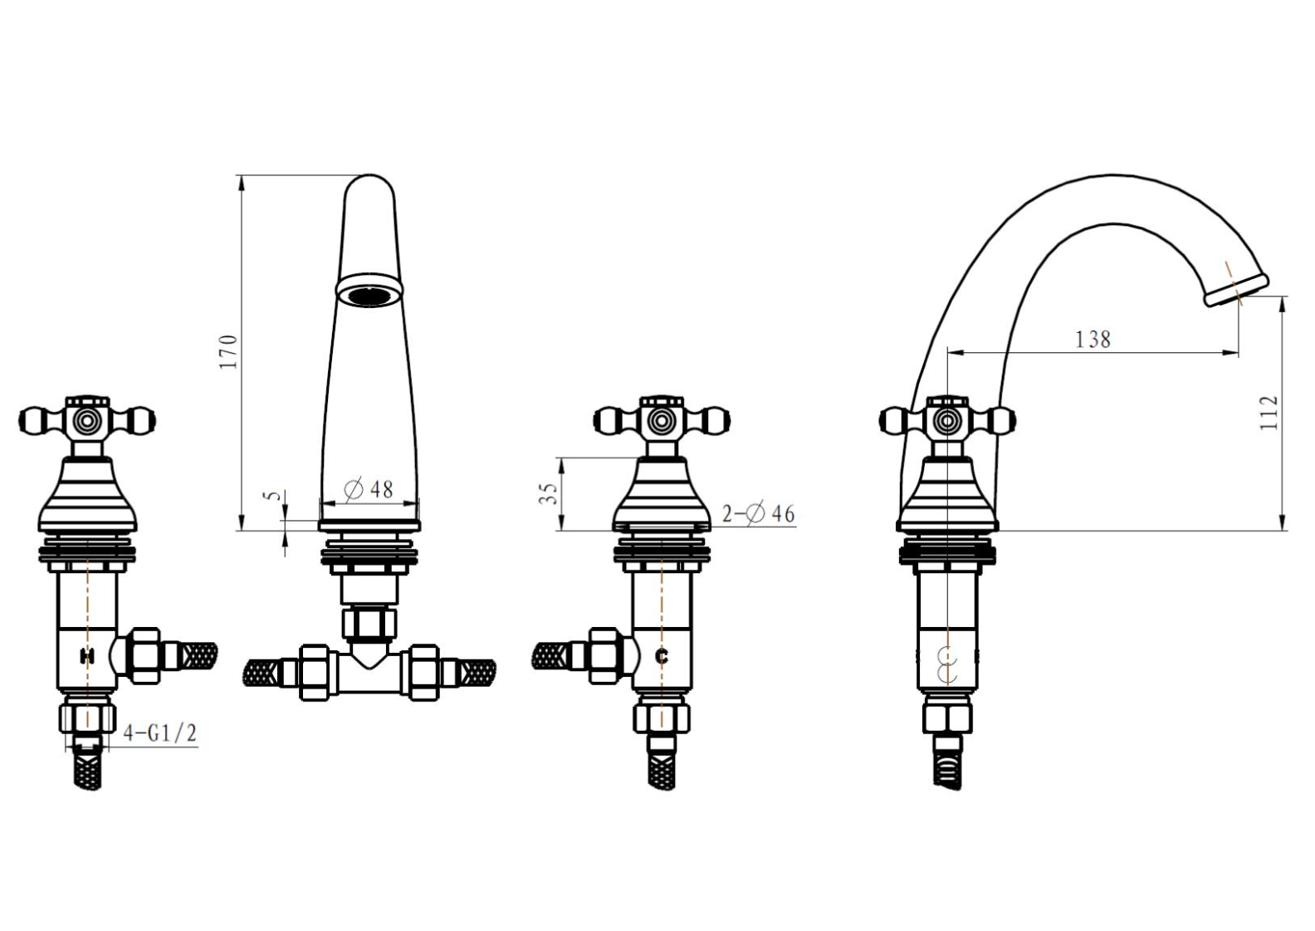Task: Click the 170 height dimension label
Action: (227, 351)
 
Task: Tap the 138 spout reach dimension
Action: (1093, 340)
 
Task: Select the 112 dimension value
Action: (1269, 413)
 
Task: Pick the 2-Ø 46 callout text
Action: (758, 514)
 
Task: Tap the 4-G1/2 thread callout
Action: (160, 733)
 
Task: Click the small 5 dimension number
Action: (271, 496)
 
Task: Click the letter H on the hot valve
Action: (87, 655)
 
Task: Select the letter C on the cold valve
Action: (662, 656)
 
